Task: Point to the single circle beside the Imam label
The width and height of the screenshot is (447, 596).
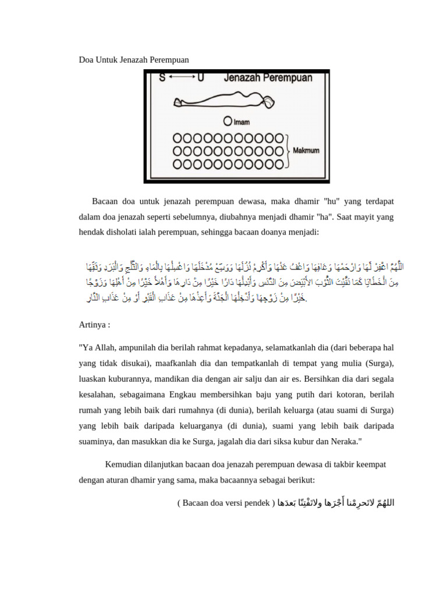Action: [228, 122]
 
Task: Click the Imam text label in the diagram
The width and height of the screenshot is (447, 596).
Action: [240, 122]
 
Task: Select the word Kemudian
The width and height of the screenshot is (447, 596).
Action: [124, 464]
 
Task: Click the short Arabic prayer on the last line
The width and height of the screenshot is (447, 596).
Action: [336, 502]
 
